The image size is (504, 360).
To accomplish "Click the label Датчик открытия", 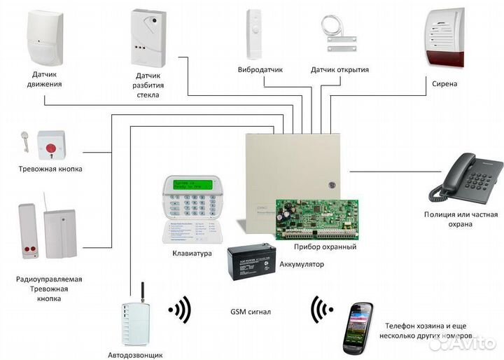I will (x=340, y=70).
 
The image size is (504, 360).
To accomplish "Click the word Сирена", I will (x=444, y=84).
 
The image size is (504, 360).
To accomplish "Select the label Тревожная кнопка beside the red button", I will (x=50, y=169).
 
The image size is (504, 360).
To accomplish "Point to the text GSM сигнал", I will (x=250, y=311).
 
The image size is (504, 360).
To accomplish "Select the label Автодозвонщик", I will (x=138, y=355).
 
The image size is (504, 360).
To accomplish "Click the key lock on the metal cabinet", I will (x=332, y=184).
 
